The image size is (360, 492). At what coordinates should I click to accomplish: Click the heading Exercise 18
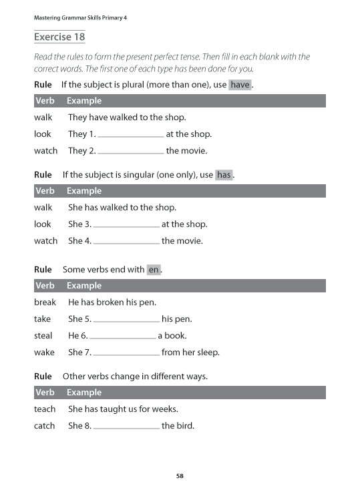click(x=59, y=37)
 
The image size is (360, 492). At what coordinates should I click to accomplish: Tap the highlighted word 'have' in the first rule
click(x=240, y=85)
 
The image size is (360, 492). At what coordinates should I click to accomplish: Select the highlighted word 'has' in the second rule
click(x=224, y=175)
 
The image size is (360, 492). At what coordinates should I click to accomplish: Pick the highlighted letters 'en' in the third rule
click(x=154, y=270)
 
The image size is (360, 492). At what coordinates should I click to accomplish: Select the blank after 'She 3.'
click(x=126, y=225)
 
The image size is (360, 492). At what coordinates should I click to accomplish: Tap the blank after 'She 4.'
click(x=126, y=242)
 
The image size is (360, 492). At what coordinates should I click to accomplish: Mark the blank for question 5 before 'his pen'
click(x=126, y=320)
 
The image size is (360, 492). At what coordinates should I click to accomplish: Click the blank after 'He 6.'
click(x=122, y=336)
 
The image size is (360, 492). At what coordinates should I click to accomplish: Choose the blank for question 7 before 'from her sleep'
click(x=126, y=353)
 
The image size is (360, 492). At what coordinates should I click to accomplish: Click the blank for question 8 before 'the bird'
click(x=126, y=426)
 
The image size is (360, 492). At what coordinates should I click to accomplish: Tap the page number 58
click(x=180, y=476)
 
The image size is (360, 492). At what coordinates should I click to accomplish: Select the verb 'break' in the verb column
click(x=45, y=302)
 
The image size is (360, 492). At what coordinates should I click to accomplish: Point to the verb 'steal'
click(x=43, y=336)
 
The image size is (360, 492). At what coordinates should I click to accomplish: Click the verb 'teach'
click(x=45, y=409)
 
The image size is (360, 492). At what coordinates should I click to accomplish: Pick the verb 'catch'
click(x=44, y=425)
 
